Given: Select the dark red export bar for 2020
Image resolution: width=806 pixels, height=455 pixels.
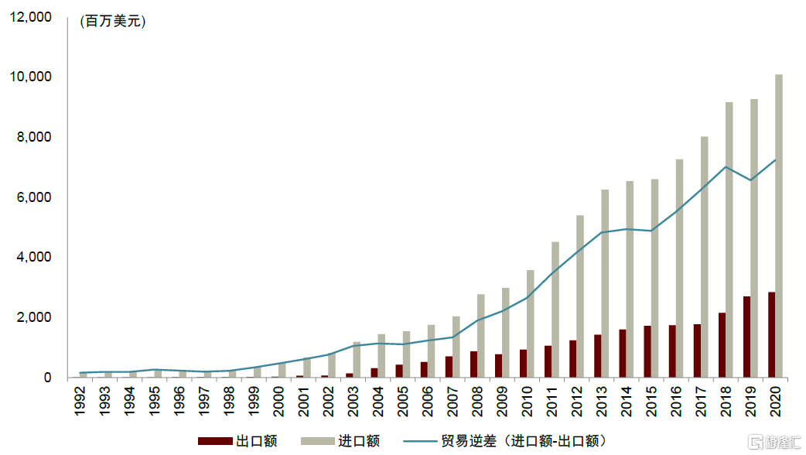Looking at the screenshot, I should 771,335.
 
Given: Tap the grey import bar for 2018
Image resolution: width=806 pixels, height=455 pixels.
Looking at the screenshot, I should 729,240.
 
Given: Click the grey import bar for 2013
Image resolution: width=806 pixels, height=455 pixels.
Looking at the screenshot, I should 605,283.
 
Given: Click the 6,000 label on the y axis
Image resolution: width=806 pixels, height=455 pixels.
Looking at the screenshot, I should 33,197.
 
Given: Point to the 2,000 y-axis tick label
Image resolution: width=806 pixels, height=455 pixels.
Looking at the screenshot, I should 33,317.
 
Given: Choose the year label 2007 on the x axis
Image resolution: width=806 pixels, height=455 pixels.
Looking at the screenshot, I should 450,400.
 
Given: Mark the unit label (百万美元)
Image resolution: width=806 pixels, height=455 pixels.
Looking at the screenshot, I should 113,22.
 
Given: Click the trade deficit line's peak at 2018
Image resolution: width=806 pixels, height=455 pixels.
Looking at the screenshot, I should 726,167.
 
